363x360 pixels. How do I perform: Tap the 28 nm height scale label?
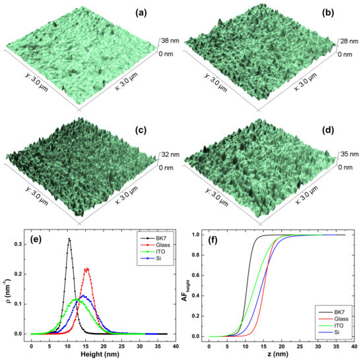coord(346,42)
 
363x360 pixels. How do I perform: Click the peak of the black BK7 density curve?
coord(69,239)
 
